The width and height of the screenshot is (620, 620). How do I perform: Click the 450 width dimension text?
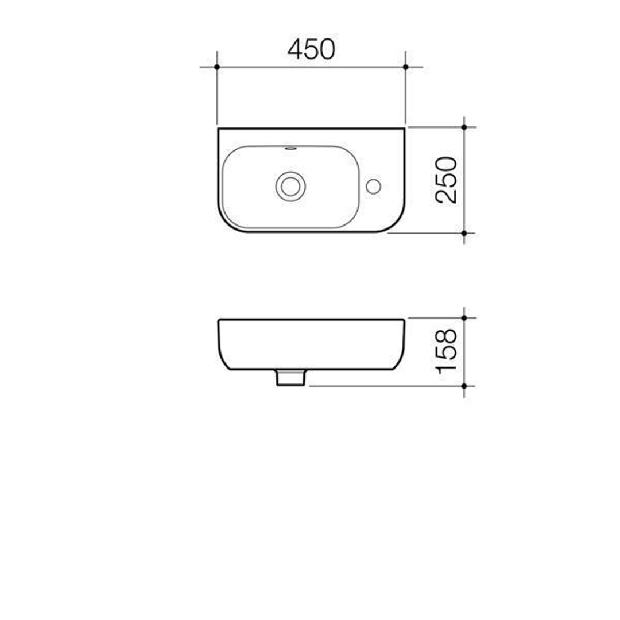click(311, 49)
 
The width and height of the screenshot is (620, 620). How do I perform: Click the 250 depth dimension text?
click(447, 180)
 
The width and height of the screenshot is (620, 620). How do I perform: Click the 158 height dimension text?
click(447, 351)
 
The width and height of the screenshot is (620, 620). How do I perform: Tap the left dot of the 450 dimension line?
click(217, 67)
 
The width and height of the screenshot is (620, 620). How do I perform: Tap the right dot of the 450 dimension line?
click(405, 67)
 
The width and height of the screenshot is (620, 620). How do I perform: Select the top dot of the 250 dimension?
click(464, 127)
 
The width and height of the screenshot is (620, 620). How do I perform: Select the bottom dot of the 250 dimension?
click(464, 233)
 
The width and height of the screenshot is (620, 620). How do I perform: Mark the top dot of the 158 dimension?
click(464, 317)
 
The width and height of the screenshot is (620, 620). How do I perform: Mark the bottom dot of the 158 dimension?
click(464, 386)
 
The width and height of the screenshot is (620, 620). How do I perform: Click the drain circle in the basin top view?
click(290, 186)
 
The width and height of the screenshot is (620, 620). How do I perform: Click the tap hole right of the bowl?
click(373, 186)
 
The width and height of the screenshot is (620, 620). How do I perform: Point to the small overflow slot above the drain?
click(290, 149)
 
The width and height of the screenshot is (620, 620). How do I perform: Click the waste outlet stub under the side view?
click(290, 377)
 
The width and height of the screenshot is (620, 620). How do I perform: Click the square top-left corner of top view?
click(219, 129)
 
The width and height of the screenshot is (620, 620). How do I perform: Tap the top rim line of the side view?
click(311, 319)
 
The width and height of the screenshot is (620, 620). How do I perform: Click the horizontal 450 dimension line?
click(311, 67)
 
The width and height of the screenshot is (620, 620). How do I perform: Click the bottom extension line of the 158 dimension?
click(385, 386)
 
